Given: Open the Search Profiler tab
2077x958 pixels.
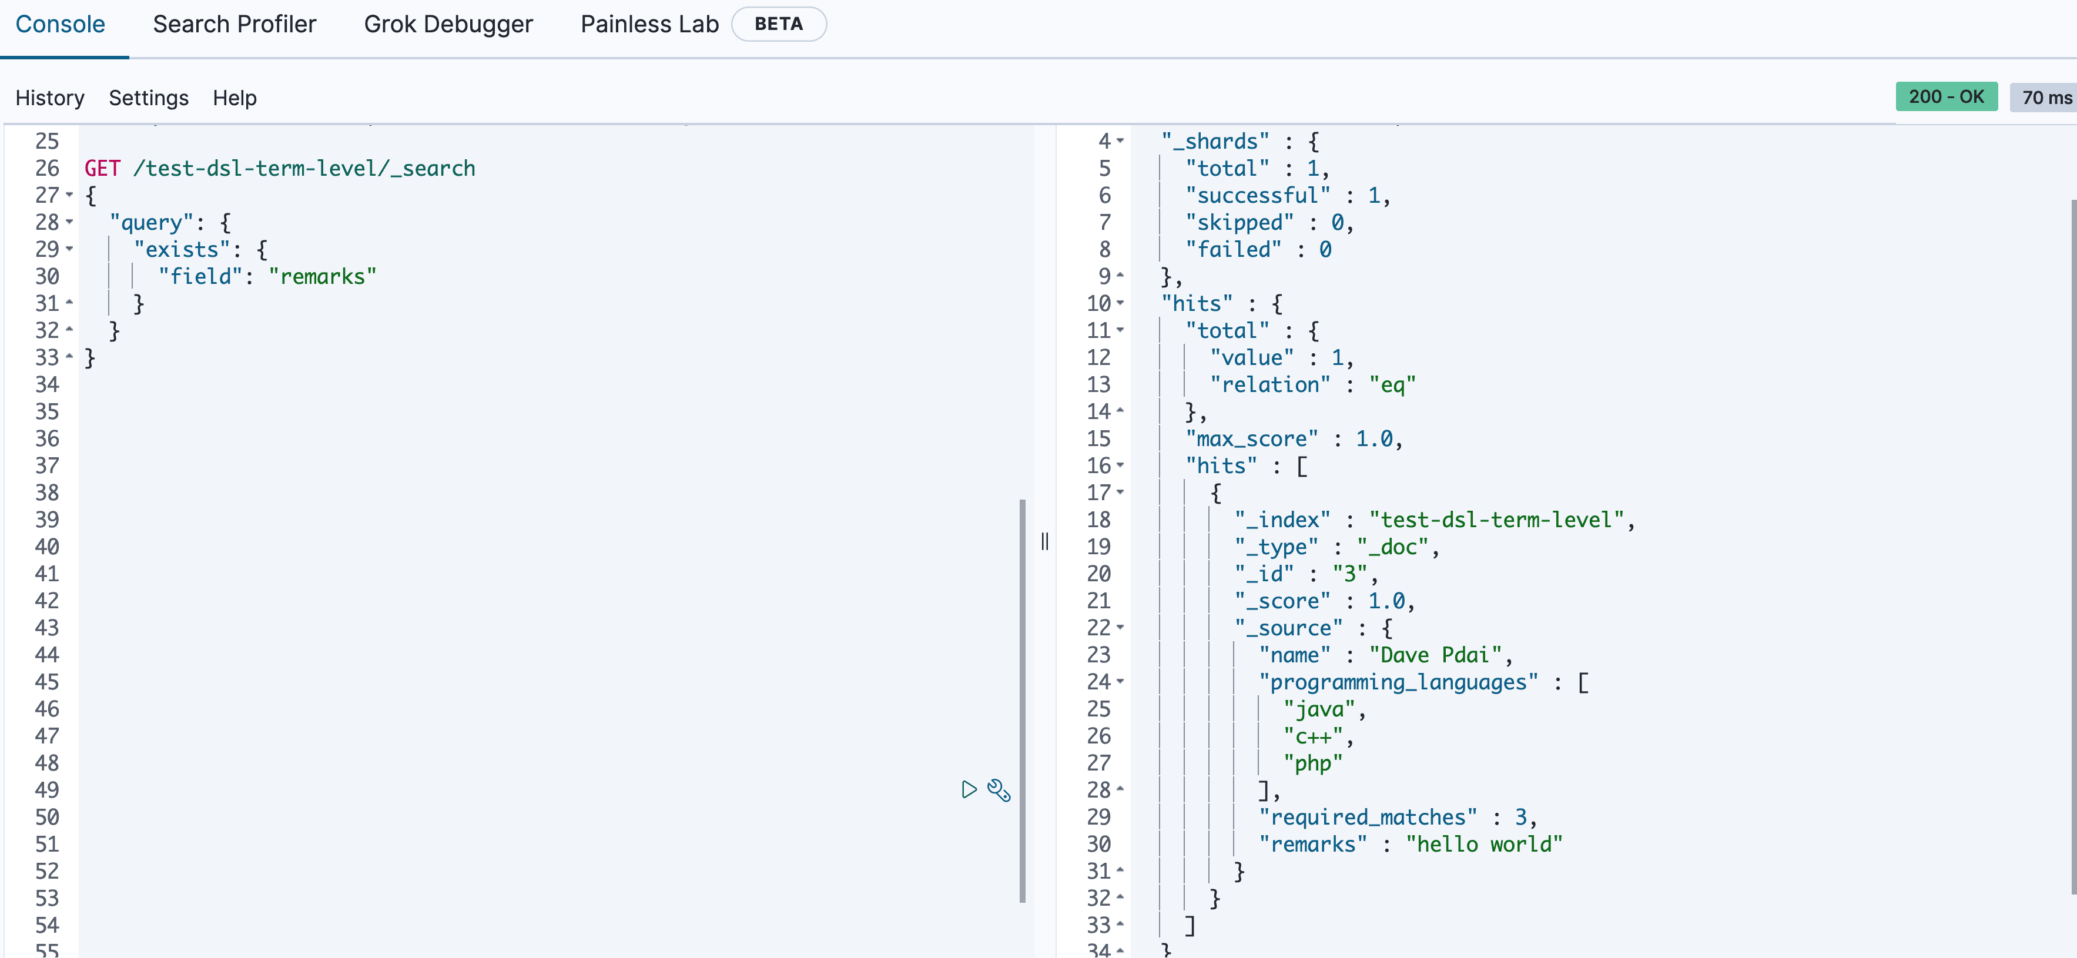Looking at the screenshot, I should coord(234,24).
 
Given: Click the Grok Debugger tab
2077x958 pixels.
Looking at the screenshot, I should coord(448,24).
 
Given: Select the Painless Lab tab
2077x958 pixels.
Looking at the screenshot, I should coord(649,24).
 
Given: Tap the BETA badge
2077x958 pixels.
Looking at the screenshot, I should coord(778,24).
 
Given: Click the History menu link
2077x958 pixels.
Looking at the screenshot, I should coord(50,98).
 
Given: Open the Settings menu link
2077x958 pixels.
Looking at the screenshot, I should coord(148,98).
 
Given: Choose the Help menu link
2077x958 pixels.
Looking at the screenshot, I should coord(235,98).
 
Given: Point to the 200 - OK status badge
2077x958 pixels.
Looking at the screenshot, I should coord(1945,97).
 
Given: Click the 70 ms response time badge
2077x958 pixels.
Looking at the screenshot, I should coord(2045,98).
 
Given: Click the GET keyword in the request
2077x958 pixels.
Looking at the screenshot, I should coord(102,169).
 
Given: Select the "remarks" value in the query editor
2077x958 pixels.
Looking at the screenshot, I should coord(323,277).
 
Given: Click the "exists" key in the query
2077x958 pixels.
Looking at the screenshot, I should coord(182,249).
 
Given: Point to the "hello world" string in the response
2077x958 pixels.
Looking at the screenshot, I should coord(1483,845).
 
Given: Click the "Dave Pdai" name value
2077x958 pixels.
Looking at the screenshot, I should coord(1435,655).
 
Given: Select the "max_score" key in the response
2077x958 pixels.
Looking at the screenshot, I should coord(1251,438).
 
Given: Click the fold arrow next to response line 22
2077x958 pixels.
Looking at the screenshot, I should coord(1120,627).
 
